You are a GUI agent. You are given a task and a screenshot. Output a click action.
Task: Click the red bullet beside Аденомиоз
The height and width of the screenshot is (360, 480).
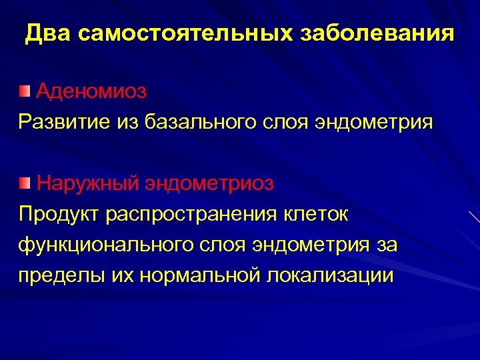point(25,91)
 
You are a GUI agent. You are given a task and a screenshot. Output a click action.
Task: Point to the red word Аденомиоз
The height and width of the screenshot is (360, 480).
point(91,91)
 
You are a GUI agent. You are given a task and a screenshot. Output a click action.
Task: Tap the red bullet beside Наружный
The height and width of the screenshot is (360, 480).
point(25,183)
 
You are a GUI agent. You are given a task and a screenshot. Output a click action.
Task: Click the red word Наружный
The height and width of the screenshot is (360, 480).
point(88,183)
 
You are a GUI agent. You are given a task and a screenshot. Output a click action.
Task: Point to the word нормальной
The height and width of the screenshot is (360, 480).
point(201,275)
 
